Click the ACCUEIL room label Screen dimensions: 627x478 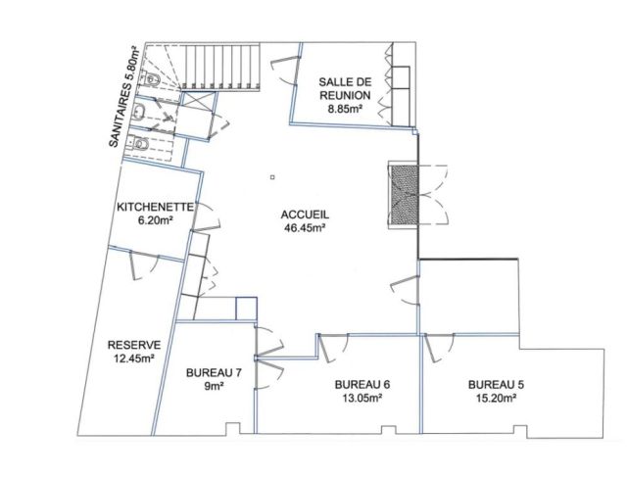point(305,215)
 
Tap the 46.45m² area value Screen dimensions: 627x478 point(305,228)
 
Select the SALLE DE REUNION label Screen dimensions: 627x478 point(345,89)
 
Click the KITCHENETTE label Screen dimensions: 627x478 point(155,207)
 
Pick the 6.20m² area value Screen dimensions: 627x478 point(155,220)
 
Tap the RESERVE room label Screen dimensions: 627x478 point(134,345)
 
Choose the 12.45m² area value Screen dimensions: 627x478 point(134,358)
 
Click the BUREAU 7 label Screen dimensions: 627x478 point(214,373)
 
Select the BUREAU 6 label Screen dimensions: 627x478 point(362,385)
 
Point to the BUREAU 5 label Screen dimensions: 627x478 point(497,385)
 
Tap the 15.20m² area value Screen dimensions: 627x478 point(496,398)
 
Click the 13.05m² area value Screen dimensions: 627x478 point(362,398)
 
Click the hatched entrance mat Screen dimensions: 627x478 point(404,196)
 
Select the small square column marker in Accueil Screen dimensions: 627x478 point(272,177)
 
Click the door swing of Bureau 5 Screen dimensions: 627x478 point(440,349)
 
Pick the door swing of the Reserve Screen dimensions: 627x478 point(144,265)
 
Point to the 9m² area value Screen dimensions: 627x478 point(214,386)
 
